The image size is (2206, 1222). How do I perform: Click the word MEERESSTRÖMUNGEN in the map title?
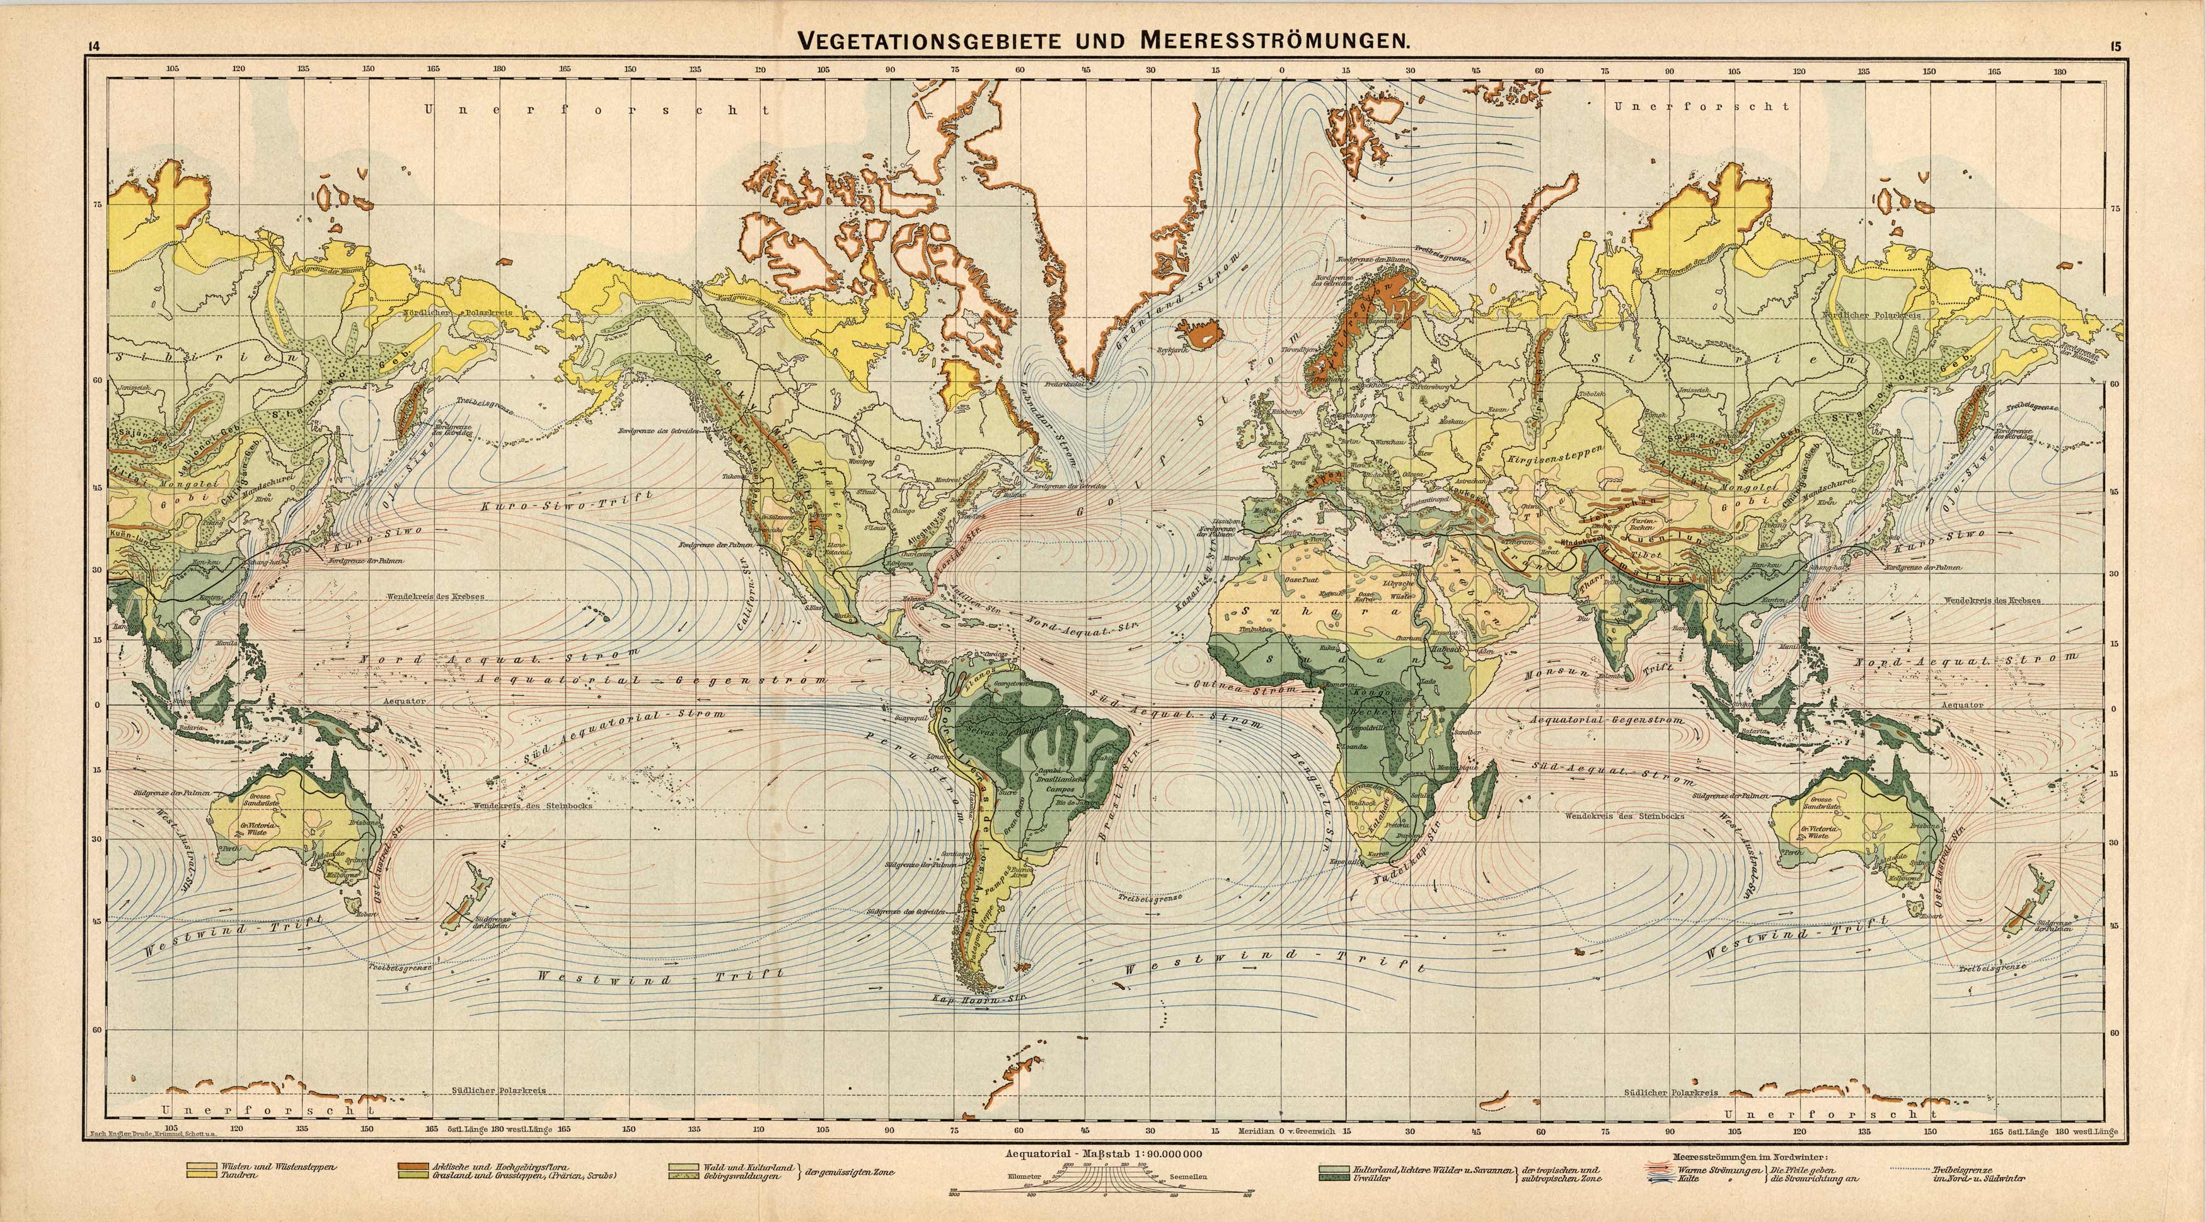tap(1273, 40)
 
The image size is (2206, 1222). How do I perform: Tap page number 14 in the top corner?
tap(93, 47)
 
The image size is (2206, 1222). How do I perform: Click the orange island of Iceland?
tap(1201, 333)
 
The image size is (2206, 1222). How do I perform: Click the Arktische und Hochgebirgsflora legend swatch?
tap(415, 1167)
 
